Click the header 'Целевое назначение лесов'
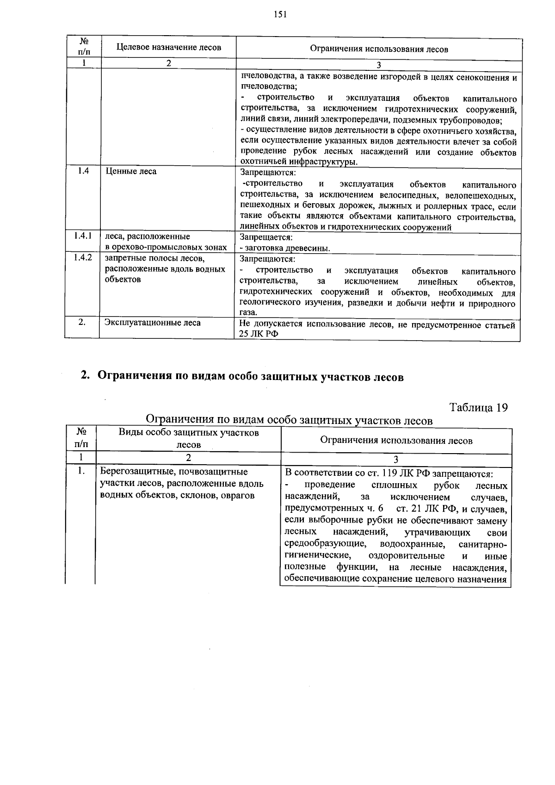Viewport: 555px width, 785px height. point(168,47)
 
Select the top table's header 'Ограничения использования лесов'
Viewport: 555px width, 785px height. point(378,49)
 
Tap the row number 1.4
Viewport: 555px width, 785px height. point(83,171)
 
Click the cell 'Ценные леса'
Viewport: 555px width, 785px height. point(131,171)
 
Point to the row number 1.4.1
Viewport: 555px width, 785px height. point(83,236)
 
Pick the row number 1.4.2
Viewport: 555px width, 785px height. point(83,257)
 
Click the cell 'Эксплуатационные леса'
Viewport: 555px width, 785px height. point(152,323)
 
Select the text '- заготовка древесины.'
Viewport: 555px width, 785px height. point(285,248)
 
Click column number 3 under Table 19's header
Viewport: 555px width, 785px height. point(396,460)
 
